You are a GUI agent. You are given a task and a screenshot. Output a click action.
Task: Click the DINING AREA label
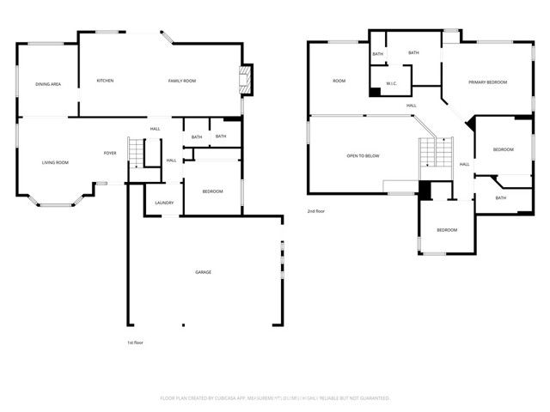tap(48, 84)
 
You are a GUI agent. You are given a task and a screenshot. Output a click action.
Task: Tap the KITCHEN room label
tap(105, 81)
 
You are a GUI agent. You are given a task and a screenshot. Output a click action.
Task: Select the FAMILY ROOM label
tap(182, 81)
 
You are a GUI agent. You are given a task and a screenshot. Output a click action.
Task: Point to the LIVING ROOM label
tap(56, 162)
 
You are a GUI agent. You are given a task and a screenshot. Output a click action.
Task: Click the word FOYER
tap(110, 153)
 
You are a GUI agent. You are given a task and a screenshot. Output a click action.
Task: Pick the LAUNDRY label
tap(164, 203)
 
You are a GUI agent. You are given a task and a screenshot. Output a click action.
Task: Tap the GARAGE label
tap(203, 272)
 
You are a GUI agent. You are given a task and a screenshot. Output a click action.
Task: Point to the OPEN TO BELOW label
tap(363, 156)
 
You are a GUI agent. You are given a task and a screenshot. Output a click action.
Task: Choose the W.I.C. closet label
tap(391, 84)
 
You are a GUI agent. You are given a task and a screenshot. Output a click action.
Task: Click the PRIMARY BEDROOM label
tap(487, 82)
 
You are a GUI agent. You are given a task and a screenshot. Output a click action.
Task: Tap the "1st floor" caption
tap(135, 342)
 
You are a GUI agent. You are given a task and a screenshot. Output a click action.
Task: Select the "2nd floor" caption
tap(317, 211)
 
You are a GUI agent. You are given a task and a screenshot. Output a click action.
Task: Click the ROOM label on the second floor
tap(339, 81)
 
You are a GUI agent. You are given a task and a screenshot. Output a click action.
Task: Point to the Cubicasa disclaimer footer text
tap(275, 398)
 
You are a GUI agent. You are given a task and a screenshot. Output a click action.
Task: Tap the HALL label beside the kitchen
tap(156, 130)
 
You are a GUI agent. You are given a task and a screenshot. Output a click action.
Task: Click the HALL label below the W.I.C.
tap(412, 106)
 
